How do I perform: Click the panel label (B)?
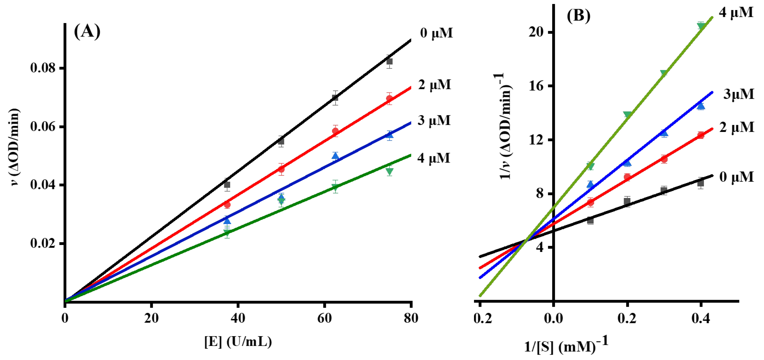(x=578, y=15)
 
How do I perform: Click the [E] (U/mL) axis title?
(x=238, y=342)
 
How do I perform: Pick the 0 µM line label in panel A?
(x=436, y=33)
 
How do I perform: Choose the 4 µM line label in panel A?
(x=434, y=158)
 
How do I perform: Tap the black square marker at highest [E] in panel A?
(x=390, y=61)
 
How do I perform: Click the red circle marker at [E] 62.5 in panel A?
(x=335, y=131)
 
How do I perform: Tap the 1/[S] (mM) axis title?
(x=566, y=345)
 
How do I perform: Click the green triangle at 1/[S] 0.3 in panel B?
(x=664, y=73)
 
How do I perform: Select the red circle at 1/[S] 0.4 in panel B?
(x=700, y=135)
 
